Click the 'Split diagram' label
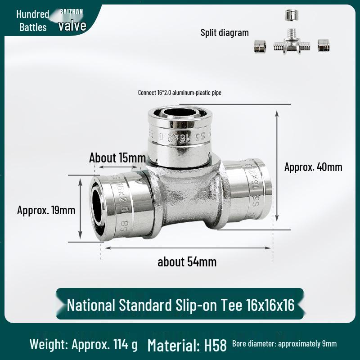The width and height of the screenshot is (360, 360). (225, 32)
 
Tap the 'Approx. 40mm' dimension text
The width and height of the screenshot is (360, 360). (313, 167)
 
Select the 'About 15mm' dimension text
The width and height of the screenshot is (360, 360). (117, 158)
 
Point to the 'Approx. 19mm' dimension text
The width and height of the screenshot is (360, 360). (46, 210)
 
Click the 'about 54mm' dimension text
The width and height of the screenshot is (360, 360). (187, 262)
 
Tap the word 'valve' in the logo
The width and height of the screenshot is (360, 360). (72, 25)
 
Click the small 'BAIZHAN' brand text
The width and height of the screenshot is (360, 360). (72, 12)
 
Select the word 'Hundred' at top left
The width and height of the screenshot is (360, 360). (32, 14)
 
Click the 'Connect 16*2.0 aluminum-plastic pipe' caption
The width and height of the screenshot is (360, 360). (180, 93)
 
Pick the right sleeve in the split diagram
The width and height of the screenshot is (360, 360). (324, 45)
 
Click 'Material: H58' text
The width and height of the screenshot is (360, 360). (187, 345)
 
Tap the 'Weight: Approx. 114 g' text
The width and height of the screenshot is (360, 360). (84, 345)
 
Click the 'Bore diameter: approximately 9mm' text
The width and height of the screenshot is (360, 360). (284, 344)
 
